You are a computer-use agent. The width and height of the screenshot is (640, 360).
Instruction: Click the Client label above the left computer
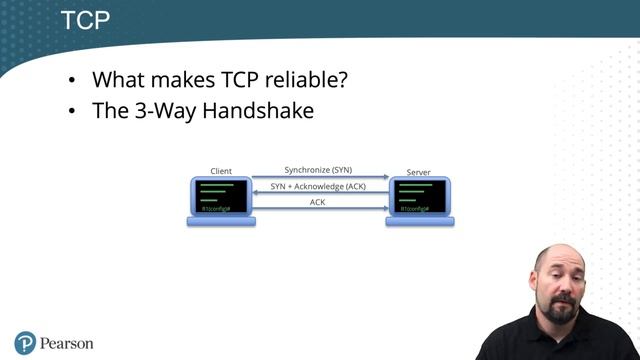click(221, 172)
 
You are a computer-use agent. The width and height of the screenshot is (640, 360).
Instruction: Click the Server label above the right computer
click(419, 172)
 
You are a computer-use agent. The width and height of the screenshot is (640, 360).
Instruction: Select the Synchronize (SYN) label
click(318, 170)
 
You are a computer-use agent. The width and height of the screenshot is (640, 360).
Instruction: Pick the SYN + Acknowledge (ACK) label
click(318, 186)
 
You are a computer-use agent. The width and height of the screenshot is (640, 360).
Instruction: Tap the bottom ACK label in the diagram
click(318, 202)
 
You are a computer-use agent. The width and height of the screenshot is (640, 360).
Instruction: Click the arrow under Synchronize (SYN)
click(320, 178)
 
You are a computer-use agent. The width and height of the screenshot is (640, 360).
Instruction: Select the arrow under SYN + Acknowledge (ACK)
click(320, 194)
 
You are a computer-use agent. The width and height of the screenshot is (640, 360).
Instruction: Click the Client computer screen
click(221, 196)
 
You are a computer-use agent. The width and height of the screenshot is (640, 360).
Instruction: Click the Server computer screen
click(419, 196)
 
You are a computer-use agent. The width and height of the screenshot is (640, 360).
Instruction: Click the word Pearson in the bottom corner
click(67, 344)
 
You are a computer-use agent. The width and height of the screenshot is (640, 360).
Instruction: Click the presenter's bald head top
click(560, 249)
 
